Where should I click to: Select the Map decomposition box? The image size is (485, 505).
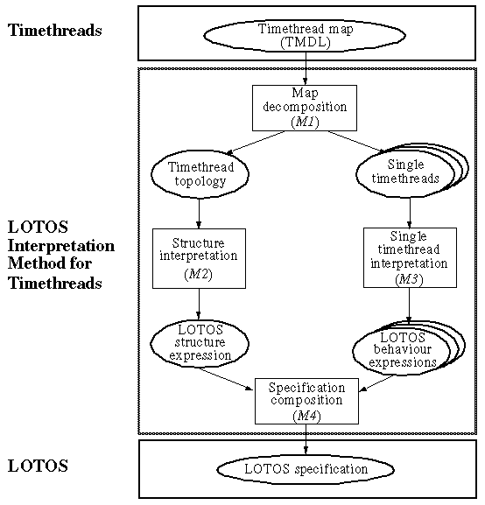pyautogui.click(x=304, y=108)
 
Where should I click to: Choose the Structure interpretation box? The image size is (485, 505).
pyautogui.click(x=200, y=258)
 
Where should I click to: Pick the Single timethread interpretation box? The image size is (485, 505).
pyautogui.click(x=409, y=257)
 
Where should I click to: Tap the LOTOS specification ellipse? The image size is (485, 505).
pyautogui.click(x=306, y=469)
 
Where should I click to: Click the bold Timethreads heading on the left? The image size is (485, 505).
pyautogui.click(x=54, y=31)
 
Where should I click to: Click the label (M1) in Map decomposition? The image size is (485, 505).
pyautogui.click(x=304, y=123)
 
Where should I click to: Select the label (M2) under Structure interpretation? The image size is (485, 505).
pyautogui.click(x=200, y=276)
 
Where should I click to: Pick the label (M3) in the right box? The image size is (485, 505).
pyautogui.click(x=409, y=278)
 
